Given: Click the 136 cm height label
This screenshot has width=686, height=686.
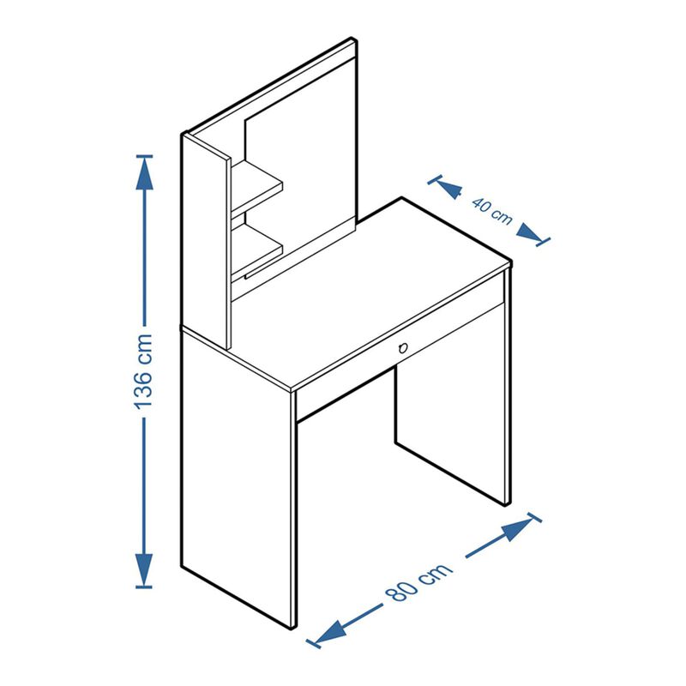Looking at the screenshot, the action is [143, 371].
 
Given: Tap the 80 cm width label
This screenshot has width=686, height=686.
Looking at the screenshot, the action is [418, 581].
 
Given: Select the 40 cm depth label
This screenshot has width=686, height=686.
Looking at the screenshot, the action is [491, 211].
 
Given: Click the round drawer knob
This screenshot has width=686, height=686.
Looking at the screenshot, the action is [403, 348].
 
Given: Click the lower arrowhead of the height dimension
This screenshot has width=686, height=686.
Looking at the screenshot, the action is [144, 567].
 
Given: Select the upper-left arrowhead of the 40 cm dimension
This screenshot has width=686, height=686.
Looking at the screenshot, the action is [449, 187].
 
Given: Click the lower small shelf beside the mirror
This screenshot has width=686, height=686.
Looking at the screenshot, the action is [256, 250].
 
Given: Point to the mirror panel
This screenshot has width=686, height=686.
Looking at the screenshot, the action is [301, 166].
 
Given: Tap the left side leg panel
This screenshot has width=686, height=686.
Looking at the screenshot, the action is [238, 477].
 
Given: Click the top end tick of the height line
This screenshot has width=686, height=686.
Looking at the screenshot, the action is [144, 156].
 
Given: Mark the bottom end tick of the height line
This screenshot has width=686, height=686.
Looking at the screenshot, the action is [144, 587].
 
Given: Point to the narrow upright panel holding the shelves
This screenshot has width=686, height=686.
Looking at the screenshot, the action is [206, 242].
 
